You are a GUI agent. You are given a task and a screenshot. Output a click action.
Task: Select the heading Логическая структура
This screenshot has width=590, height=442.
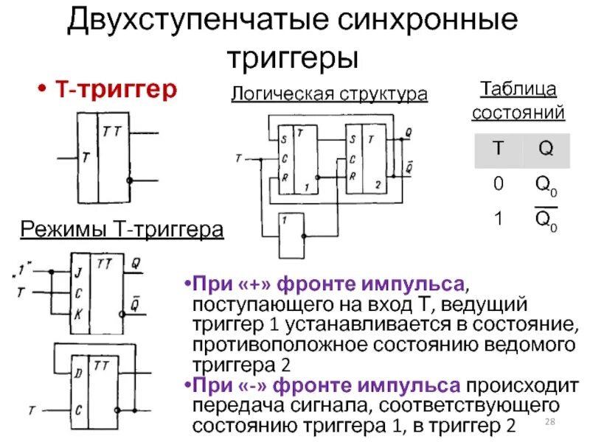[329, 94]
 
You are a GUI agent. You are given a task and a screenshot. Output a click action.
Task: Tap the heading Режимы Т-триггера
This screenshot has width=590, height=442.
[122, 231]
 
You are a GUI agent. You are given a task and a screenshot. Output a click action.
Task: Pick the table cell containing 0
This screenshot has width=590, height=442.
[499, 184]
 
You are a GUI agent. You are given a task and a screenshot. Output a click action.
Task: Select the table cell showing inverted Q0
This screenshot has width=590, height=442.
[546, 219]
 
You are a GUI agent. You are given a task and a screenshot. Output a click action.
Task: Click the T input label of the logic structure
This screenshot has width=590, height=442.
[238, 158]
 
